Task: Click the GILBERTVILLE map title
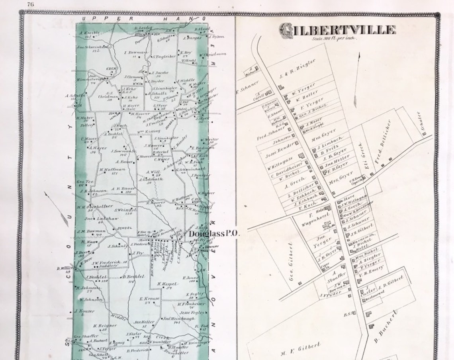(x=337, y=30)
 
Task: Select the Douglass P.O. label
(x=214, y=234)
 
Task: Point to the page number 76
(x=30, y=4)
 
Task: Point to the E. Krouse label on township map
(x=149, y=298)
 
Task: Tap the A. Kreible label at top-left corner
(x=88, y=33)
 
